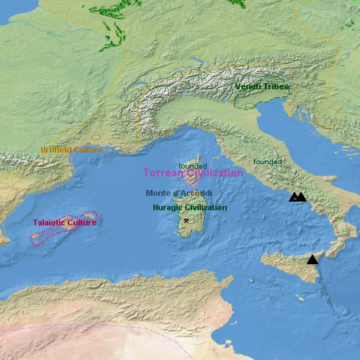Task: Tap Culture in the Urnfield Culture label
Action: coord(89,150)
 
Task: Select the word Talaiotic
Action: coord(50,222)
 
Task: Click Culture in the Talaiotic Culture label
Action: coord(83,222)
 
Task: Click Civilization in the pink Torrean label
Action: coord(211,173)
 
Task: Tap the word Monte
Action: coord(158,193)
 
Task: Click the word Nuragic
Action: coord(167,207)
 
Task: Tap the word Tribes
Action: coord(277,86)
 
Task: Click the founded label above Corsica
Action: coord(192,166)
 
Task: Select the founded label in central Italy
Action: coord(267,162)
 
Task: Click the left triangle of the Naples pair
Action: coord(294,197)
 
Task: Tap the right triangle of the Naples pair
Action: coord(301,197)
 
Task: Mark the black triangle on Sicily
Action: coord(312,259)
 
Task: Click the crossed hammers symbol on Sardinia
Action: coord(186,221)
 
